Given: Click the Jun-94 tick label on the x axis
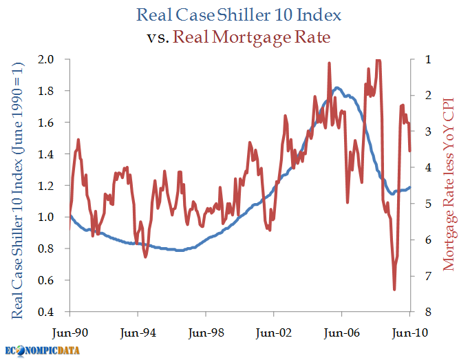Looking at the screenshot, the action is point(138,332).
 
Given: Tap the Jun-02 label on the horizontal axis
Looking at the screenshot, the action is point(274,332).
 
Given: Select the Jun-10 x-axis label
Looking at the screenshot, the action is point(410,332).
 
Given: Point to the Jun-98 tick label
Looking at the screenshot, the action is point(206,332).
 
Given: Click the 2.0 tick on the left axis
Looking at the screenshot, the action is point(45,59).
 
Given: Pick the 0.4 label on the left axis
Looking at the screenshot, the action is point(45,312).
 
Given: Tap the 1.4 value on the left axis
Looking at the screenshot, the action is point(45,154).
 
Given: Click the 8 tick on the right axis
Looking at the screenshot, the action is point(428,312).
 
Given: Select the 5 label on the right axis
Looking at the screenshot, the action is point(428,204).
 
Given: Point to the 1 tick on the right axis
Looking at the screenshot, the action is point(428,59).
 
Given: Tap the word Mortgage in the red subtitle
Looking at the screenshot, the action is point(251,38).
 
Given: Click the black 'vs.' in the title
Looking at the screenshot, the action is point(158,38).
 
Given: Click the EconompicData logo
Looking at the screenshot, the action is point(42,350).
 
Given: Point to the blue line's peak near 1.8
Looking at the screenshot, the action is point(337,87).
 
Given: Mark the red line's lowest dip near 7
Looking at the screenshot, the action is point(394,290).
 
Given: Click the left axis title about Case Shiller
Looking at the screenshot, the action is point(17,191).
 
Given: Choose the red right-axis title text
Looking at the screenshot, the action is point(449,184).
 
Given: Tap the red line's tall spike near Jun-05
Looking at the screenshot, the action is point(329,63).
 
